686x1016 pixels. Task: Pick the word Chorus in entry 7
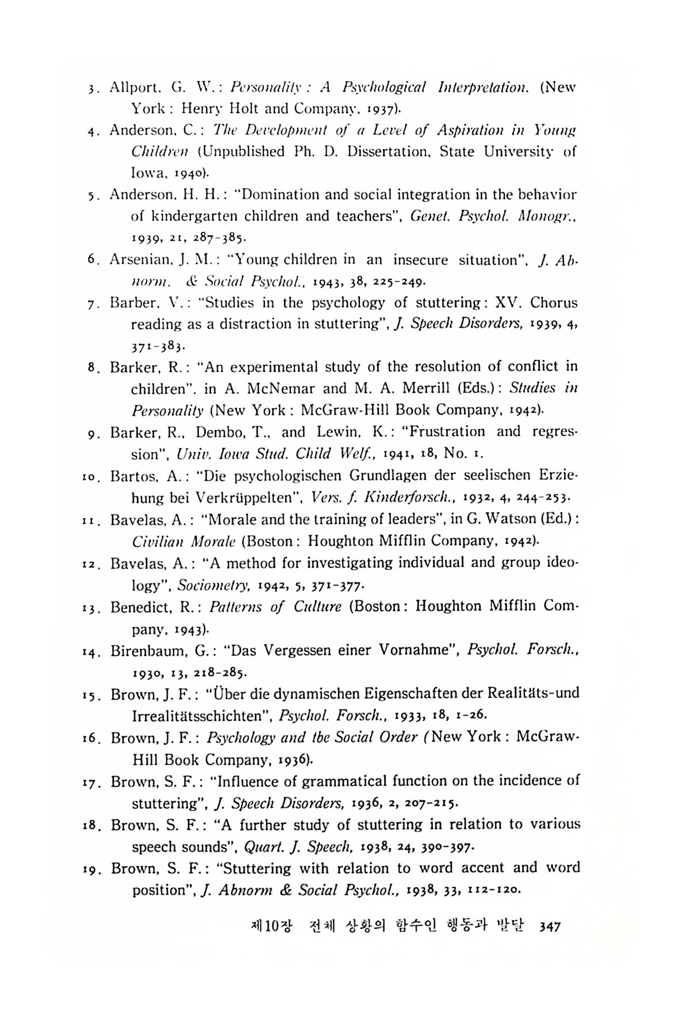point(554,302)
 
